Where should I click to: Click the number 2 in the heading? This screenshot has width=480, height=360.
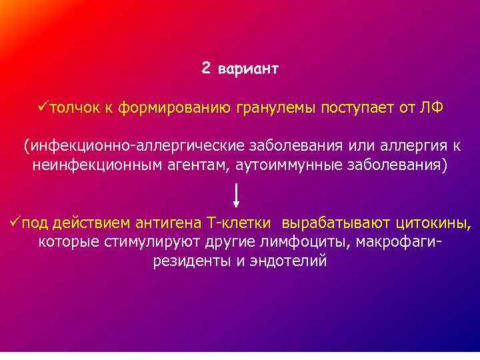pyautogui.click(x=206, y=69)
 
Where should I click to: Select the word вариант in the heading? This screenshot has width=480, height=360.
pyautogui.click(x=249, y=69)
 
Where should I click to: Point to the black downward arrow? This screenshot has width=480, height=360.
pyautogui.click(x=238, y=195)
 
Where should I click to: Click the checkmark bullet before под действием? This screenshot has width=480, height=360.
pyautogui.click(x=6, y=222)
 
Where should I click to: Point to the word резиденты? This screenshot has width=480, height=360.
pyautogui.click(x=191, y=260)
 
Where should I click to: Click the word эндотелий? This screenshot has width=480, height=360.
pyautogui.click(x=289, y=260)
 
